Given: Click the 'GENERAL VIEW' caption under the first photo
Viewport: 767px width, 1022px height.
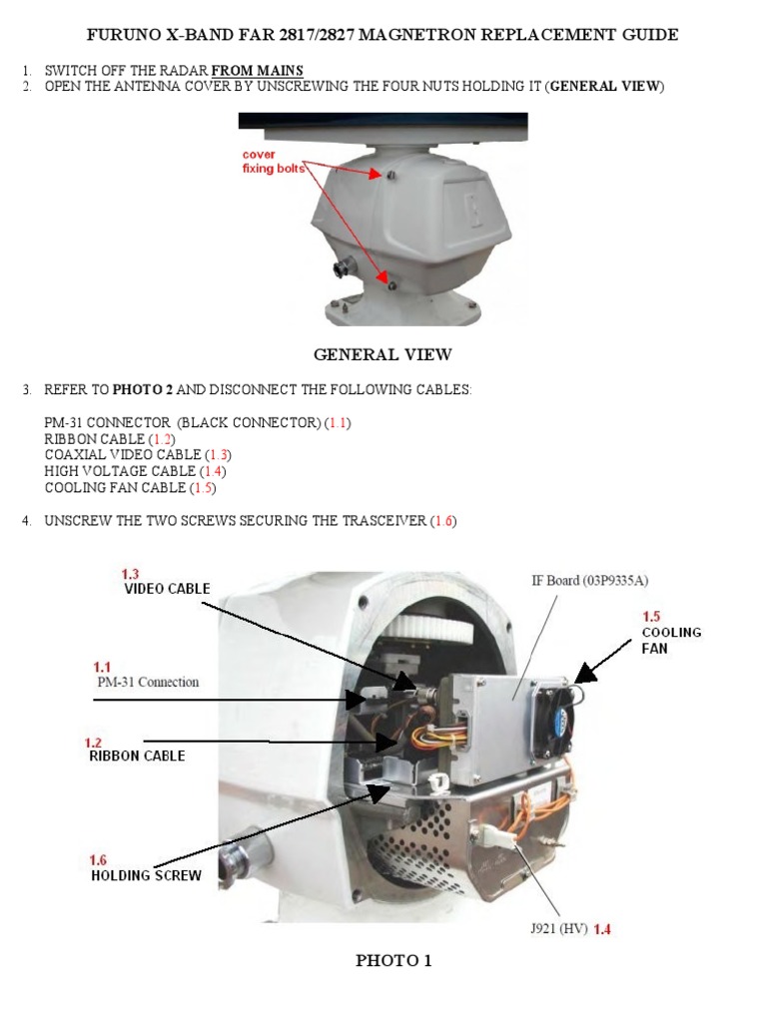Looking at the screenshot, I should point(383,354).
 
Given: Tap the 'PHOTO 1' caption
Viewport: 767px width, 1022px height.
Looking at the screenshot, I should point(393,961).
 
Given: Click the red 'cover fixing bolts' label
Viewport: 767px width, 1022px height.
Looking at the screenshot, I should point(273,162).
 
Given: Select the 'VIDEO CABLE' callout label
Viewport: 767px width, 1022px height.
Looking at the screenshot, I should point(167,589).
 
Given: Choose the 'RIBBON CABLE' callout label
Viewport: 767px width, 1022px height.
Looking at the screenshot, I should point(136,757).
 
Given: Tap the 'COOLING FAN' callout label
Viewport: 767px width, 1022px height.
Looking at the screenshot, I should point(671,640).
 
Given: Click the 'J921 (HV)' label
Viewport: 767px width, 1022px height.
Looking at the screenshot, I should point(558,929).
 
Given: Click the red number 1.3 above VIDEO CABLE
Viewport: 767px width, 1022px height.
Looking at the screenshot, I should point(131,574).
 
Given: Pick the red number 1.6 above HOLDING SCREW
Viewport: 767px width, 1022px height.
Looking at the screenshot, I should point(99,860).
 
